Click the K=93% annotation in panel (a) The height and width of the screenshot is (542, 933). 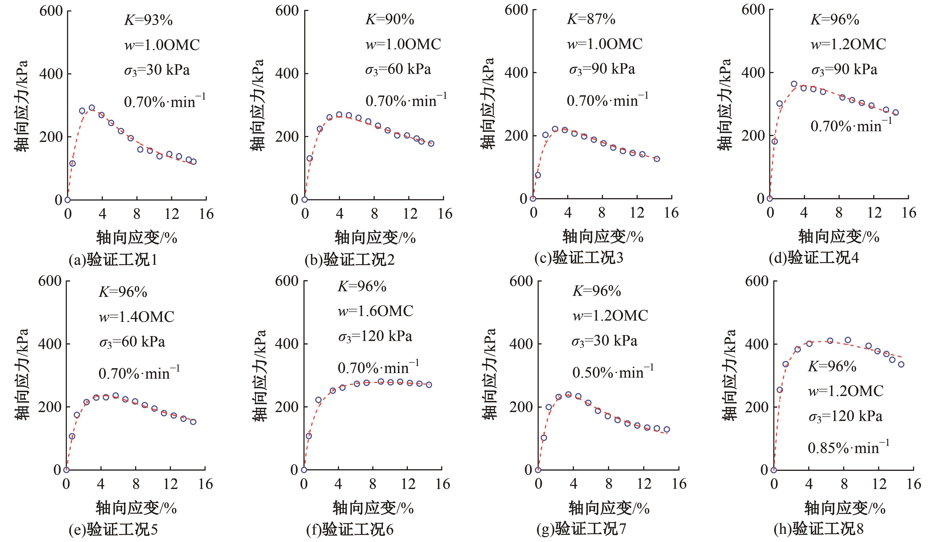[x=148, y=20]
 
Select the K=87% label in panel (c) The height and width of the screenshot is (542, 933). [x=591, y=19]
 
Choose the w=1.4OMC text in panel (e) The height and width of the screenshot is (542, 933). [x=136, y=317]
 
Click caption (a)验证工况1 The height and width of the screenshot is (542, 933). [x=113, y=260]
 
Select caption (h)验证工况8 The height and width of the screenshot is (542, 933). [x=818, y=529]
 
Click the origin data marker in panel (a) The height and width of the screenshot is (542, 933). [x=67, y=200]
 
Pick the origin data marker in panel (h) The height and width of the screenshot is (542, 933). [x=773, y=470]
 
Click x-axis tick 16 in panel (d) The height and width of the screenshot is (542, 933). [x=909, y=213]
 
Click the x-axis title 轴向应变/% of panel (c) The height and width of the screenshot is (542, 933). [x=603, y=237]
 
